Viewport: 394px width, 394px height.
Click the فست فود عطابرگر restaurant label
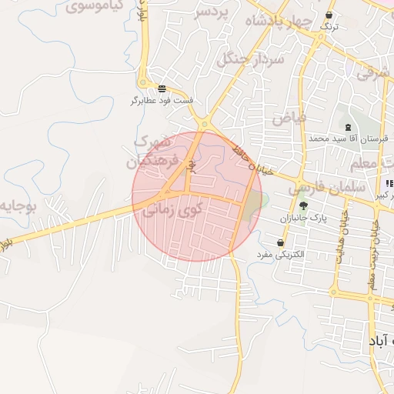pos(162,101)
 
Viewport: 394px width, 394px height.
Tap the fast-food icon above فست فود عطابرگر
pos(162,88)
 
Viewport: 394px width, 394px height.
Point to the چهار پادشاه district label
pos(280,22)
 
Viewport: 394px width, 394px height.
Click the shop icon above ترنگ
pos(329,15)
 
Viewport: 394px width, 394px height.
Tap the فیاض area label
pos(289,118)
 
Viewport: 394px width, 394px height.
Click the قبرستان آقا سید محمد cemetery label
pos(346,139)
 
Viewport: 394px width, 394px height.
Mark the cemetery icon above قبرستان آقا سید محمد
pos(348,126)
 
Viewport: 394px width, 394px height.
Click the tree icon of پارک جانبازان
pos(303,205)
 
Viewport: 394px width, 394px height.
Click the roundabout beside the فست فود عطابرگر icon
pos(143,83)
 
